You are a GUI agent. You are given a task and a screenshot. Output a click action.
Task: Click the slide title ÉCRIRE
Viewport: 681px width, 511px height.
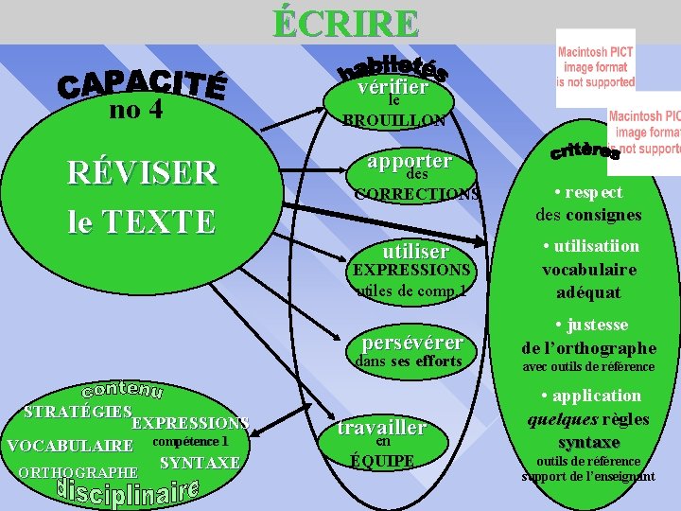[x=344, y=22]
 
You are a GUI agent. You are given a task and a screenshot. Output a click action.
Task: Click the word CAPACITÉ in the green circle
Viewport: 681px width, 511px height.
[x=143, y=79]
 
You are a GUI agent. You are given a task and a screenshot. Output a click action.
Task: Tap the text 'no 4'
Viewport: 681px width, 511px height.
[x=136, y=109]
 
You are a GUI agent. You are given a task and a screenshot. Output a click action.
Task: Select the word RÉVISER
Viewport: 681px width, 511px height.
[x=142, y=173]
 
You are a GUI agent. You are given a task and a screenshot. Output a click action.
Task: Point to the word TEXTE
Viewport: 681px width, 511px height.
[x=160, y=221]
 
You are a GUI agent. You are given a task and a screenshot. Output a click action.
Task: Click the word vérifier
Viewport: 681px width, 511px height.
[x=393, y=87]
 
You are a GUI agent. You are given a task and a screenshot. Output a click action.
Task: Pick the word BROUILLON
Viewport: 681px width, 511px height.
[x=394, y=121]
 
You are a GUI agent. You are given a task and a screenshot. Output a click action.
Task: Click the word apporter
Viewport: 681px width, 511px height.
[x=409, y=161]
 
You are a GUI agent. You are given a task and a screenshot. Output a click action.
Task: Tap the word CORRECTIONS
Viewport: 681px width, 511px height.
[x=416, y=194]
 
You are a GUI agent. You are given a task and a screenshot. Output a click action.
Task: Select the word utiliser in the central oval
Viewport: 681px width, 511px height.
[x=415, y=252]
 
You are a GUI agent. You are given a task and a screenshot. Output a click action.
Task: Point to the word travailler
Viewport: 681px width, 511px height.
[x=382, y=428]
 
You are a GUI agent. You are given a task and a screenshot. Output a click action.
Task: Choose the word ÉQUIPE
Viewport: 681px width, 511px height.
[x=382, y=461]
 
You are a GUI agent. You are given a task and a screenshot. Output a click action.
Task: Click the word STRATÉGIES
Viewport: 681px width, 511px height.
[x=77, y=412]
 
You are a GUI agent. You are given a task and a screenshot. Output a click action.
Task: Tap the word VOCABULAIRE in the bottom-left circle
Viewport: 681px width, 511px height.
[x=70, y=446]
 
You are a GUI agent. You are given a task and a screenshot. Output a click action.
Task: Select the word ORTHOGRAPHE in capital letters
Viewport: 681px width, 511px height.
[x=79, y=472]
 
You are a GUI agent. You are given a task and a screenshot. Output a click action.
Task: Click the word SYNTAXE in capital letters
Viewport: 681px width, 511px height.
[x=200, y=463]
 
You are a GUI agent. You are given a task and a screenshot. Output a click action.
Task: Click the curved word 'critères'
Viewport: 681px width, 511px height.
[x=585, y=150]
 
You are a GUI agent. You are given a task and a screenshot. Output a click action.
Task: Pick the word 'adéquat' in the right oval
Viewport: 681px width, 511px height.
[x=588, y=292]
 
